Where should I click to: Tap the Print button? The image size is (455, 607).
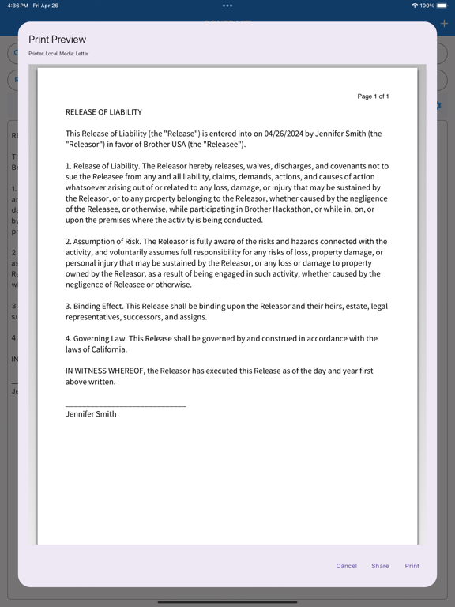(412, 566)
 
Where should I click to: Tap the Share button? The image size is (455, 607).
(380, 566)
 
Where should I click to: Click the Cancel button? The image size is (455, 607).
(346, 566)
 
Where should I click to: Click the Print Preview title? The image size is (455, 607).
(58, 40)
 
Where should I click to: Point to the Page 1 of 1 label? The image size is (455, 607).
(373, 96)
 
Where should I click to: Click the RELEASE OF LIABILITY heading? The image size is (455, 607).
(103, 112)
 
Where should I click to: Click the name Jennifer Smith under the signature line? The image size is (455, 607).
(91, 414)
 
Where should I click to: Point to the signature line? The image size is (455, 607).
(126, 405)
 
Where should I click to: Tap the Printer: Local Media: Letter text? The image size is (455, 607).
(58, 54)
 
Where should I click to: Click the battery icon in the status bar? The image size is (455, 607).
(442, 6)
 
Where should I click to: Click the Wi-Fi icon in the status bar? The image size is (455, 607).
(415, 6)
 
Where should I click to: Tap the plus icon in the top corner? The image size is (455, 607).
(444, 24)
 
